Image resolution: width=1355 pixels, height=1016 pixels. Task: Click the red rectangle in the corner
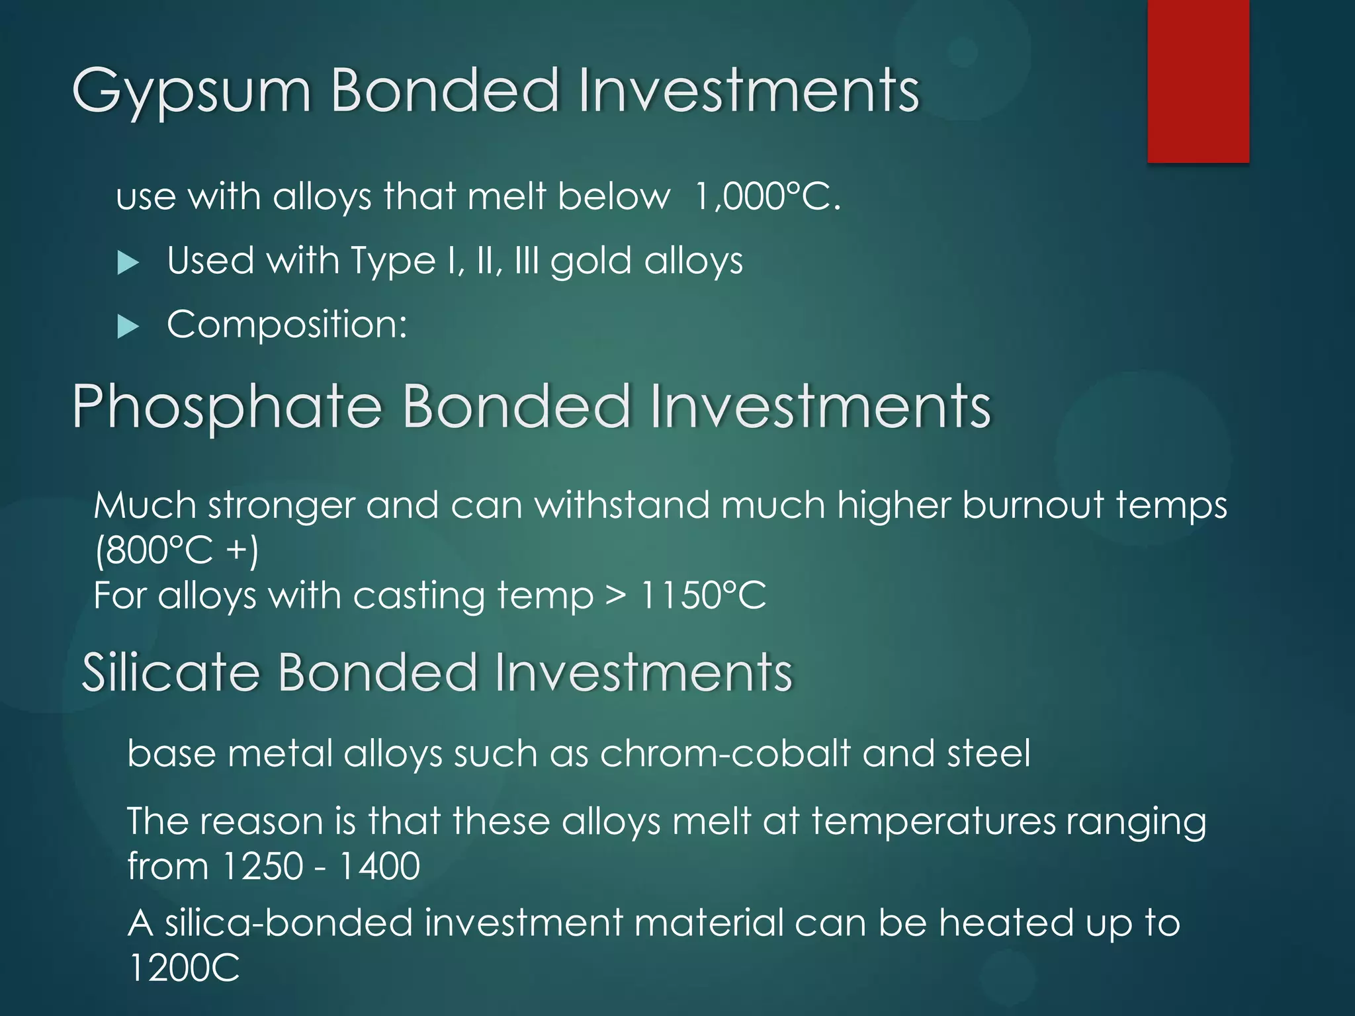pyautogui.click(x=1198, y=81)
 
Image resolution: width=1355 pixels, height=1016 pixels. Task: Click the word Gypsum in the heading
pyautogui.click(x=191, y=91)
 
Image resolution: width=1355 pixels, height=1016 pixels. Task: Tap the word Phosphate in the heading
pyautogui.click(x=227, y=405)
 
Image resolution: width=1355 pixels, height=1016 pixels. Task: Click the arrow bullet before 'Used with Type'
pyautogui.click(x=128, y=263)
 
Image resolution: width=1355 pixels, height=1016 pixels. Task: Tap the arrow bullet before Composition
pyautogui.click(x=128, y=326)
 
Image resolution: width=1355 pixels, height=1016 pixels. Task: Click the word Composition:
pyautogui.click(x=286, y=324)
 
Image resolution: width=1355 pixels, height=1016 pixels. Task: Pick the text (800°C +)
pyautogui.click(x=177, y=550)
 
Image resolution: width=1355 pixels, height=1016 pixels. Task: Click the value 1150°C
pyautogui.click(x=703, y=595)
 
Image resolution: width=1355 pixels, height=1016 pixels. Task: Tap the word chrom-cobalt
pyautogui.click(x=724, y=753)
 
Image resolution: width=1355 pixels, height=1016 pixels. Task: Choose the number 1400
pyautogui.click(x=379, y=865)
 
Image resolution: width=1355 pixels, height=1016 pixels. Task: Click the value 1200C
pyautogui.click(x=183, y=967)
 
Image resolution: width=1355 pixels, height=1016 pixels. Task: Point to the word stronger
pyautogui.click(x=281, y=506)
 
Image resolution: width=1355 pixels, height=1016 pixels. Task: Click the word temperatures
pyautogui.click(x=933, y=822)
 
